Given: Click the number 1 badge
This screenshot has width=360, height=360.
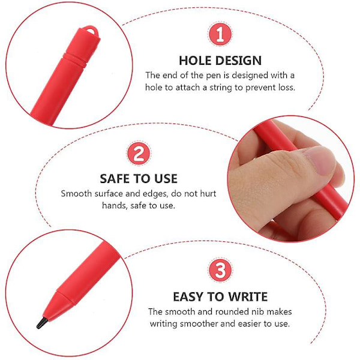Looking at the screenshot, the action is tap(220, 34).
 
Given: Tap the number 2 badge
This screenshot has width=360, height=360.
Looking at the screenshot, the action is tap(139, 154).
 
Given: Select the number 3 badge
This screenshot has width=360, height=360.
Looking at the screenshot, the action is tap(220, 270).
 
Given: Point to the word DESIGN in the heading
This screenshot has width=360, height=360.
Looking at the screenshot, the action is tap(238, 61).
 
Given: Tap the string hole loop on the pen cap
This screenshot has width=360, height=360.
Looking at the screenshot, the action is tap(92, 30).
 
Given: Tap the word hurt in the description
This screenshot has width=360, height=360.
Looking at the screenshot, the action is tap(208, 194).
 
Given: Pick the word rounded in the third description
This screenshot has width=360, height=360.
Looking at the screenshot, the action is tap(232, 311).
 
